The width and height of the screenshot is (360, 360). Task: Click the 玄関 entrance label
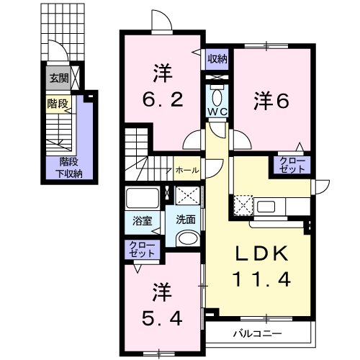tap(59, 78)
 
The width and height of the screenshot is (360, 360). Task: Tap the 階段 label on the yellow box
tap(58, 104)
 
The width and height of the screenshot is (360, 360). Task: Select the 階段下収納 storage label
tap(69, 168)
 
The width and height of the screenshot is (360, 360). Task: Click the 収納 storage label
tap(217, 59)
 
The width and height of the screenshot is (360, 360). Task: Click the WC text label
tap(217, 112)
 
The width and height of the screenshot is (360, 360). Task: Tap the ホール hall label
tap(187, 171)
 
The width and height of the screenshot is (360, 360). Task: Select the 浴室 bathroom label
tap(143, 221)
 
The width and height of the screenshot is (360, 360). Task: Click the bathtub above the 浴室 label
tap(143, 199)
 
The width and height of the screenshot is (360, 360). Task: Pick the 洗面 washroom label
tap(186, 220)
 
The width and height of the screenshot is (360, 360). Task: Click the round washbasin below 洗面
tap(188, 239)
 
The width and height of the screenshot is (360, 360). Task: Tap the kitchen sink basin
tap(266, 207)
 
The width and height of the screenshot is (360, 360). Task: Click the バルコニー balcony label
tap(258, 333)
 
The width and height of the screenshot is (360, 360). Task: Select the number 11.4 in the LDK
tap(262, 279)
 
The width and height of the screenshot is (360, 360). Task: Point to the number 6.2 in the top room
tap(163, 99)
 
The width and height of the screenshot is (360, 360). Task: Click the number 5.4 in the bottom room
tap(162, 318)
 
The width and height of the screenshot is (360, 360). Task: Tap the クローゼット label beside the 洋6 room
tap(292, 165)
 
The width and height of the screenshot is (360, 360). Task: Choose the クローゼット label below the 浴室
tap(142, 250)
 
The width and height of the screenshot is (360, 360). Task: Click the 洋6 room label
tap(271, 101)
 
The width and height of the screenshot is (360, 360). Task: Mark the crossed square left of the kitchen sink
tap(243, 205)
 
